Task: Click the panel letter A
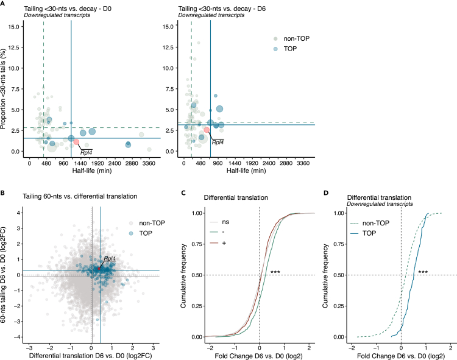[x=4, y=4]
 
